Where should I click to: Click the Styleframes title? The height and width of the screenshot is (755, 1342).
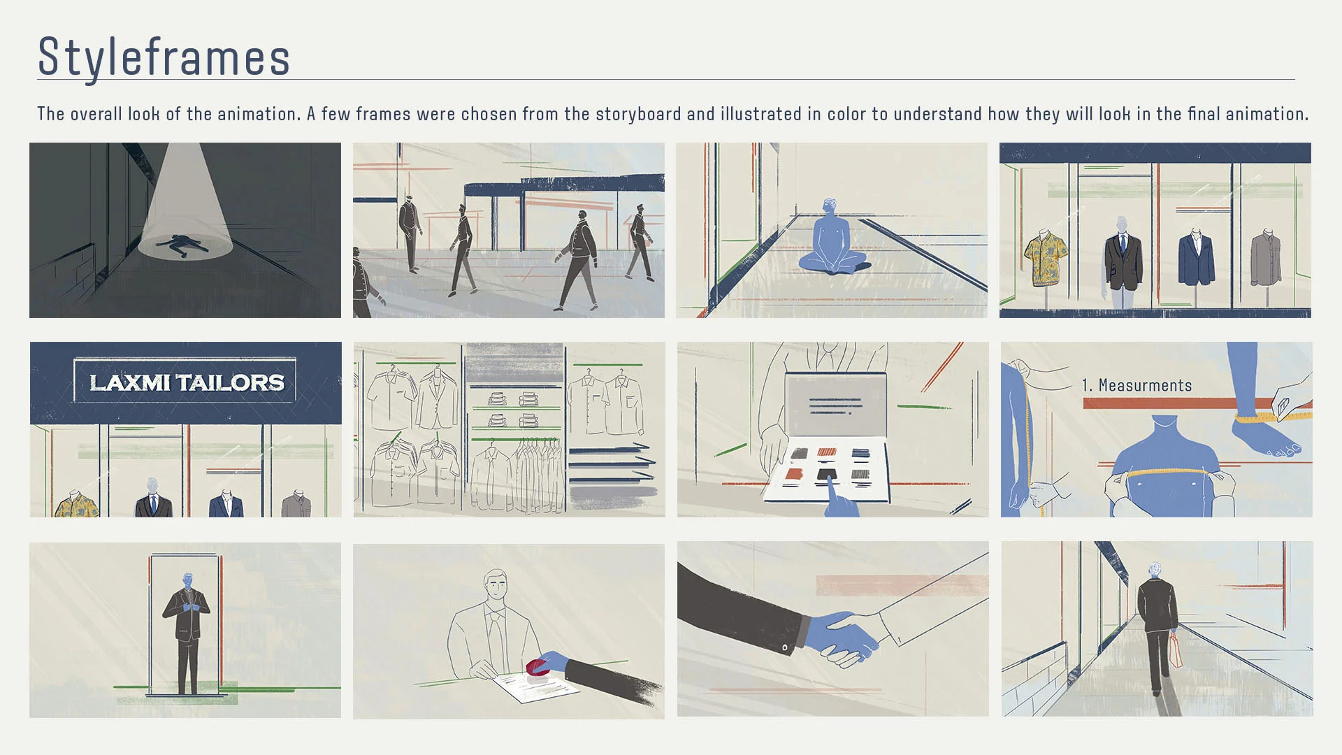164,57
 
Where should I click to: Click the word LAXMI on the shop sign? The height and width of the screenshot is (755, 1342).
129,382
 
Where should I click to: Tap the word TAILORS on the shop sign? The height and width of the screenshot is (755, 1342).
230,382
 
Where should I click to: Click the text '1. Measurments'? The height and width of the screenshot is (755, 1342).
1137,385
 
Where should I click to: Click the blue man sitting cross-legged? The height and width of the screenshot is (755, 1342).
832,241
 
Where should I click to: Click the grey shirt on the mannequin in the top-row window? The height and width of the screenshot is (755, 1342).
1266,259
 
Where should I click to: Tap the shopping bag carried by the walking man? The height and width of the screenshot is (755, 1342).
1176,651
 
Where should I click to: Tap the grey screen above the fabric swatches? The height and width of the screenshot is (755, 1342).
835,405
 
